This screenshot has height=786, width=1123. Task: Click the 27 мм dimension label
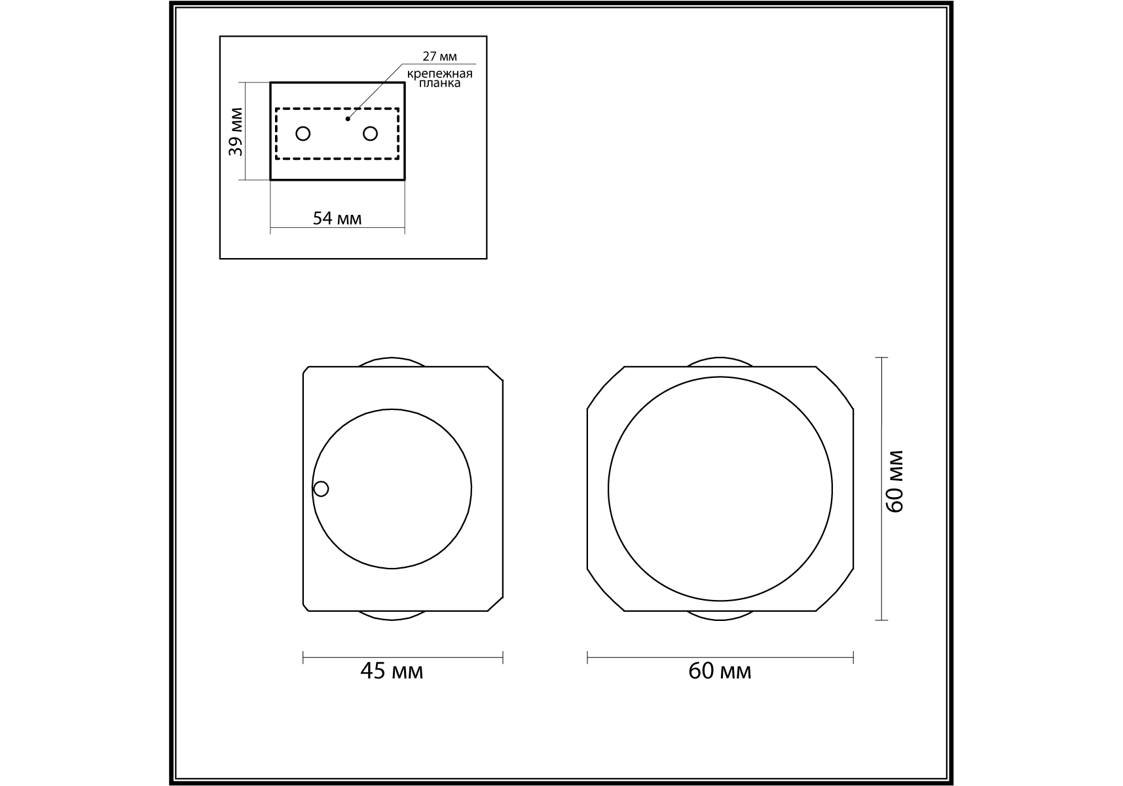(x=439, y=56)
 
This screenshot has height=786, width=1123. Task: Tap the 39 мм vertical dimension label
(x=236, y=132)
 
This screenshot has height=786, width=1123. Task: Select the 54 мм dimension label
(x=337, y=218)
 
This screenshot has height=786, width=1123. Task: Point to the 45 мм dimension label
(x=392, y=671)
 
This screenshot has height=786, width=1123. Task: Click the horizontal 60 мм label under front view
(x=720, y=671)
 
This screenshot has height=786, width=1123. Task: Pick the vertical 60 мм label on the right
(x=895, y=481)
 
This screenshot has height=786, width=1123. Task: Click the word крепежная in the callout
(x=439, y=73)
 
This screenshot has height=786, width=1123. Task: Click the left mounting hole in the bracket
(x=303, y=134)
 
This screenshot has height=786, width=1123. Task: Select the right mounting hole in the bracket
(x=370, y=134)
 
